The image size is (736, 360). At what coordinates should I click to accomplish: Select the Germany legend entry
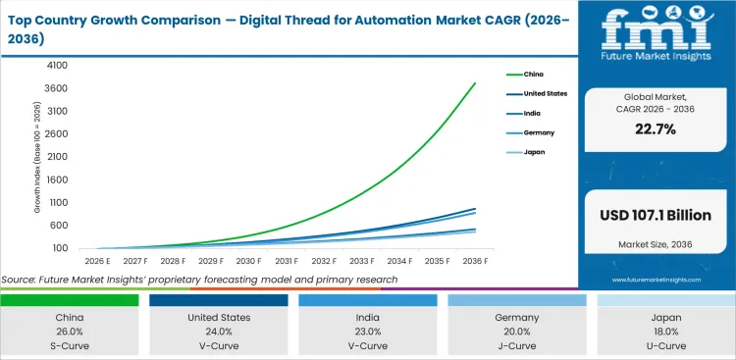click(x=538, y=132)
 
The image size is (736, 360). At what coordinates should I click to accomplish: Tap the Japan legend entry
click(x=534, y=152)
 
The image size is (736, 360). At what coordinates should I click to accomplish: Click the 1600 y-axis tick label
click(x=56, y=180)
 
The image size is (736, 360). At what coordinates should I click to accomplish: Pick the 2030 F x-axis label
click(x=248, y=261)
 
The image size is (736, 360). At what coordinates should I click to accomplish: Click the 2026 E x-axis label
click(x=97, y=261)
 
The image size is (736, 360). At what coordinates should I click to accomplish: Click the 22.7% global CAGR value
click(x=656, y=129)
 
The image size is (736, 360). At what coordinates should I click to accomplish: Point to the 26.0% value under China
click(x=70, y=333)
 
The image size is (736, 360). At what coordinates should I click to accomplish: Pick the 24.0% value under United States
click(x=219, y=333)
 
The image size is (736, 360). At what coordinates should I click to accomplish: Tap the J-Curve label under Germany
click(x=516, y=347)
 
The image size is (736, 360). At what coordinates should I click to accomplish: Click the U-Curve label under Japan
click(x=665, y=347)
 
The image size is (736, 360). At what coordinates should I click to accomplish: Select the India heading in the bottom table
click(x=368, y=318)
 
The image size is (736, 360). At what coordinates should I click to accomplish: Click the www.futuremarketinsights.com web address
click(x=656, y=280)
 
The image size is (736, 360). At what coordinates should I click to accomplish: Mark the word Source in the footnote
click(x=23, y=280)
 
